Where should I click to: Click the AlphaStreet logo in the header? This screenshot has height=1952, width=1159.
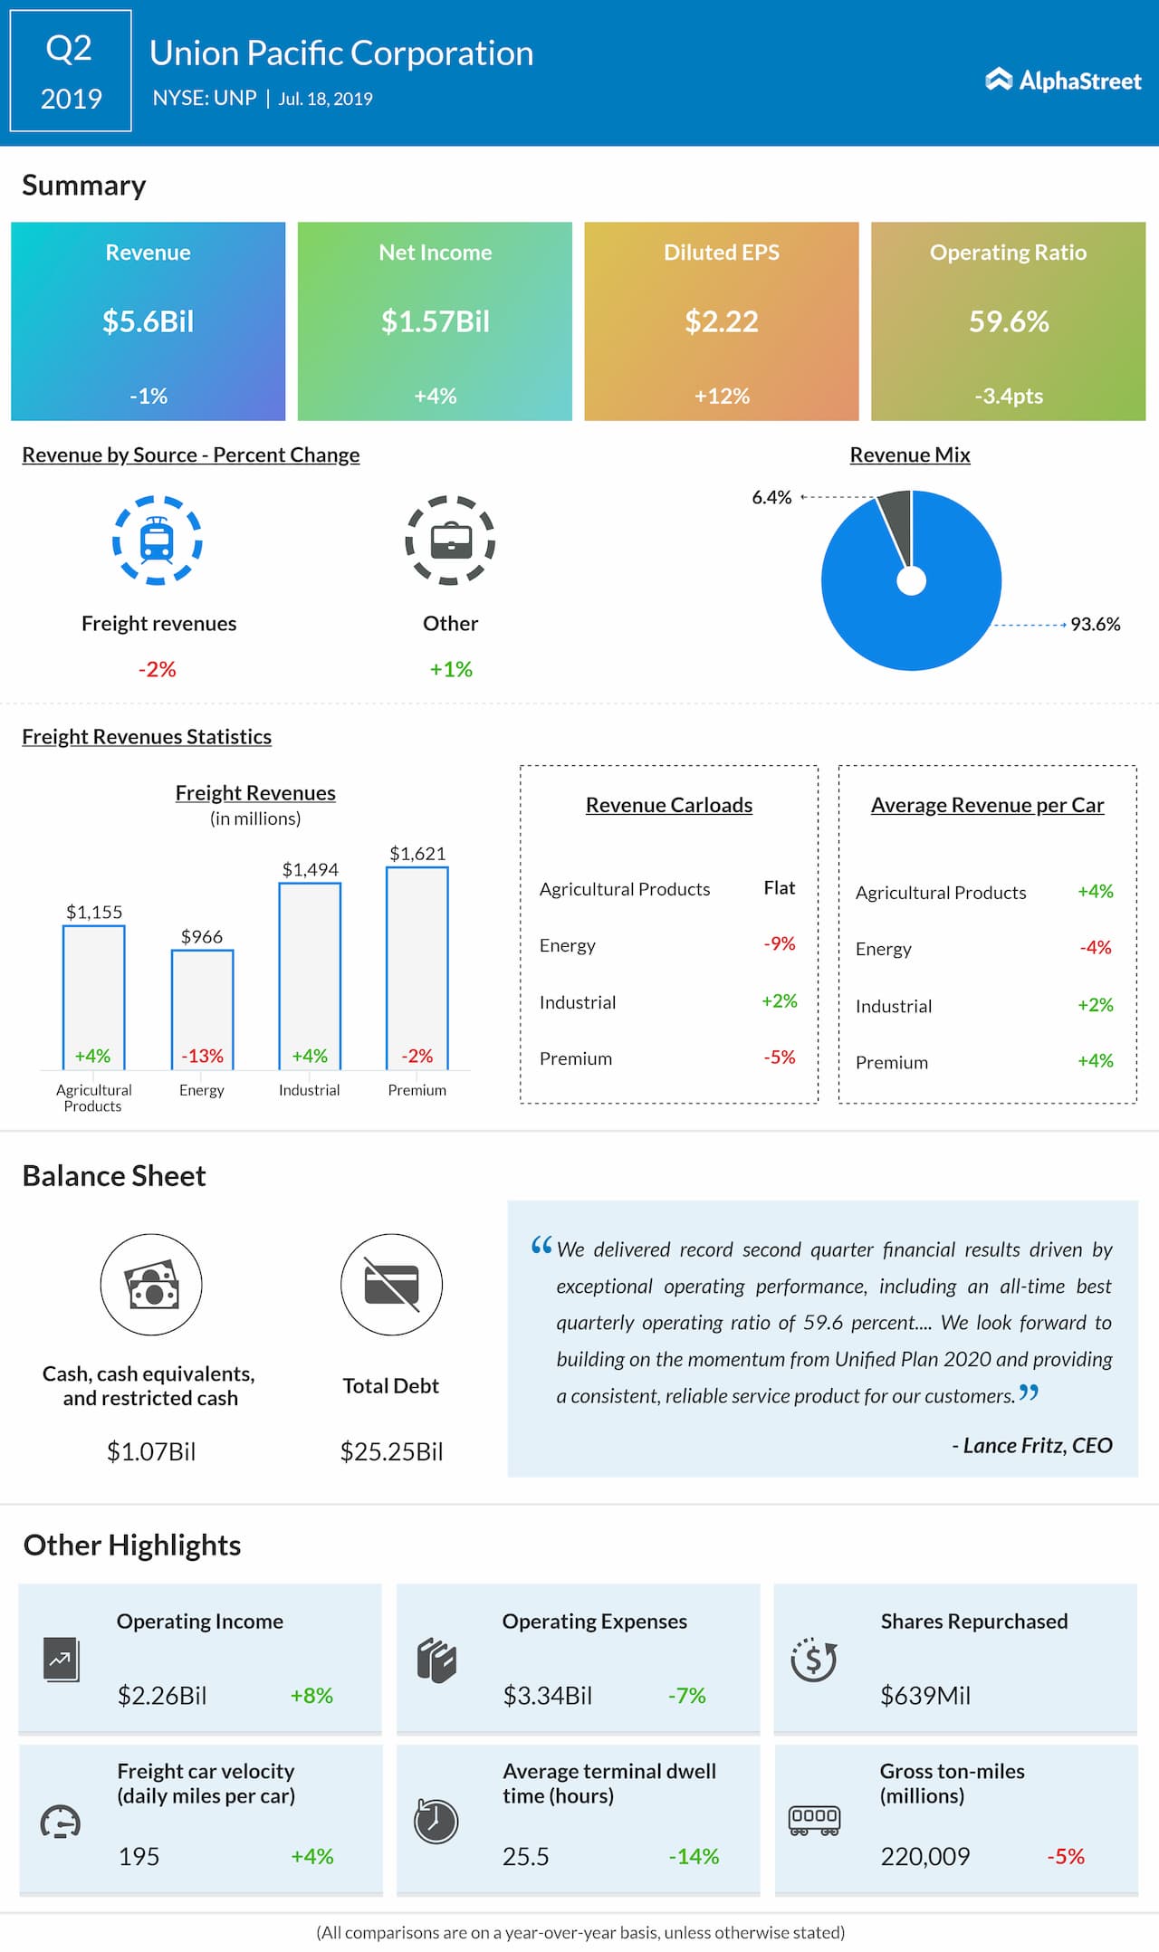point(1063,81)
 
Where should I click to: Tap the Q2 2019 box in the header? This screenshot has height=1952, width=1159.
point(71,71)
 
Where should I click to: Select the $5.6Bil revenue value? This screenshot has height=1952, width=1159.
point(148,321)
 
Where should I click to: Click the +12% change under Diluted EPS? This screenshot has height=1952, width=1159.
point(722,396)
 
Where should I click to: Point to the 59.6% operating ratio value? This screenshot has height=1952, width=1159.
point(1009,321)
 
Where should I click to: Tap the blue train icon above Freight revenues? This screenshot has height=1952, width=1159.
point(157,540)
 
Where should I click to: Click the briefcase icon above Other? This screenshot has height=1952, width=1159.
point(450,540)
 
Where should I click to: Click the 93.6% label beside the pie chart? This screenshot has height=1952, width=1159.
point(1096,624)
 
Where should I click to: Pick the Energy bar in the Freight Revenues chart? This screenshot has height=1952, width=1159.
point(202,1009)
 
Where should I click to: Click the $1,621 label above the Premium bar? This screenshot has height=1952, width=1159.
point(417,853)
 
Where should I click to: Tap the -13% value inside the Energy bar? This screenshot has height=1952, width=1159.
point(202,1056)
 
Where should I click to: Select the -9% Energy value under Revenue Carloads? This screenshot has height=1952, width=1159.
point(780,943)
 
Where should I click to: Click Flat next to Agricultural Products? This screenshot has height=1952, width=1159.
point(780,887)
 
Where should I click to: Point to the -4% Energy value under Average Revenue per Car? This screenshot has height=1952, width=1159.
point(1096,947)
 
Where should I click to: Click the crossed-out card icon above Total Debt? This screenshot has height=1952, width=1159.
point(391,1284)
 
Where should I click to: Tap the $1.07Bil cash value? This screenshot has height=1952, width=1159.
point(151,1451)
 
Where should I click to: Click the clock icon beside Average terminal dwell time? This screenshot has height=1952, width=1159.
point(436,1821)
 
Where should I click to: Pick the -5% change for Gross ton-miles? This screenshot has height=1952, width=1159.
point(1066,1856)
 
